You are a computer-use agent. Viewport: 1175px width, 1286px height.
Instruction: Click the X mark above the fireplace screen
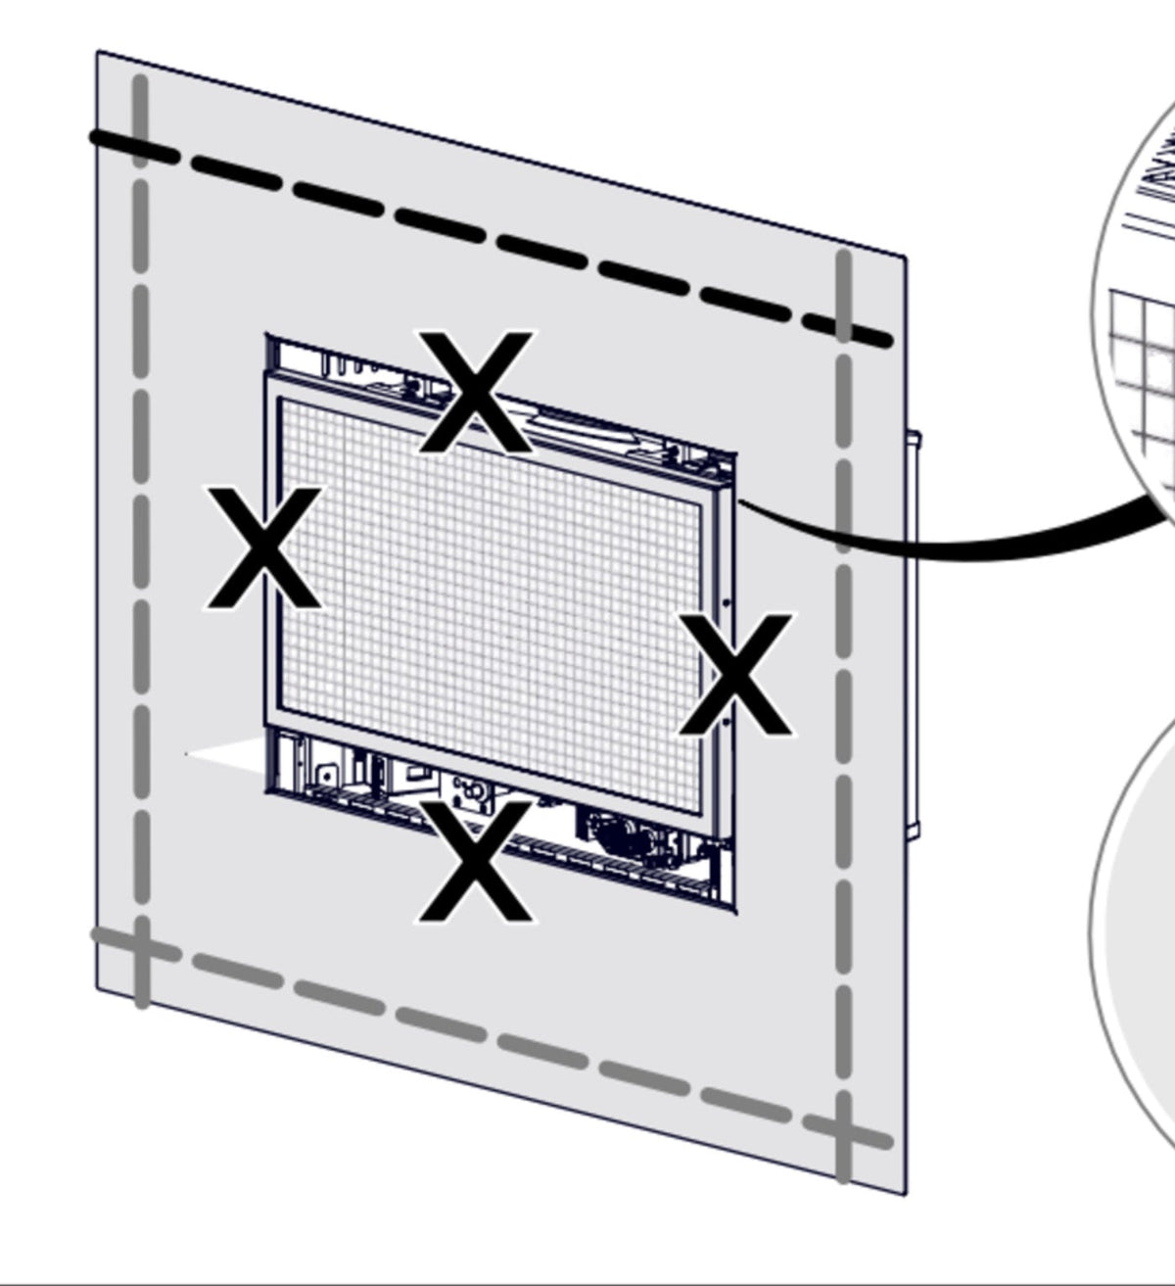tap(476, 391)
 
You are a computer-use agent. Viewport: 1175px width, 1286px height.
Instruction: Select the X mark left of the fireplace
tap(262, 548)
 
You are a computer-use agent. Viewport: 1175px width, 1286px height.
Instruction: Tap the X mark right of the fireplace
tap(736, 674)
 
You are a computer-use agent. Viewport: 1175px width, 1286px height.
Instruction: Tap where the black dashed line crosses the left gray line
tap(142, 151)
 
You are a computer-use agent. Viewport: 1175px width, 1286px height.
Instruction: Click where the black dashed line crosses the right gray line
tap(844, 327)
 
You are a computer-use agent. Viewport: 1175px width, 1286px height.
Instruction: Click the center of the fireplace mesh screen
tap(491, 606)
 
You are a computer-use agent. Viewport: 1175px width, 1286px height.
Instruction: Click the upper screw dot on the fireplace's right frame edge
tap(726, 602)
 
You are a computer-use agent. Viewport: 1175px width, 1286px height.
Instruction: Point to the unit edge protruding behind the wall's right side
tap(915, 635)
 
